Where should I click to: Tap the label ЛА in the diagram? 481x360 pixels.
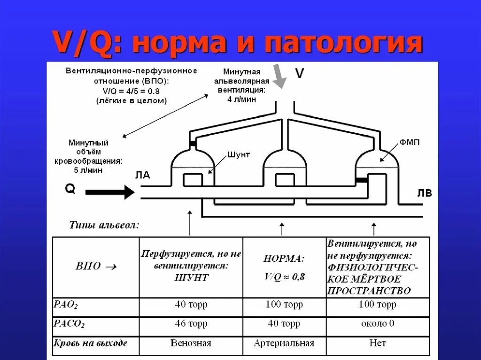point(142,176)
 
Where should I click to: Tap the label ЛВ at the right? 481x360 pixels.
point(424,193)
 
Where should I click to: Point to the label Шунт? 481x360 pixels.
point(239,154)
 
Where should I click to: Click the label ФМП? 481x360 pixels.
point(410,142)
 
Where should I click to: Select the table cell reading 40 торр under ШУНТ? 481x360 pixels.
point(191,305)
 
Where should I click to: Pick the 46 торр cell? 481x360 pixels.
point(191,324)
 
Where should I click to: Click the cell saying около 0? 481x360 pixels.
point(377,324)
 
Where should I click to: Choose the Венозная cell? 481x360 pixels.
point(191,343)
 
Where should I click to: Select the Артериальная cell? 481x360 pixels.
point(284,343)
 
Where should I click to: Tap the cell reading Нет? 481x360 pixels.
point(377,343)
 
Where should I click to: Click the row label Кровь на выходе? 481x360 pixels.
point(91,343)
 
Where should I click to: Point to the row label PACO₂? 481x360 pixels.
point(69,324)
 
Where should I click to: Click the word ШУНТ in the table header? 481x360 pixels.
point(191,277)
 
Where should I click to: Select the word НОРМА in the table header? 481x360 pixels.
point(284,259)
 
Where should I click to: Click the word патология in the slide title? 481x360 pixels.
point(343,44)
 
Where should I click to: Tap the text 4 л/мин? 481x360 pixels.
point(242,99)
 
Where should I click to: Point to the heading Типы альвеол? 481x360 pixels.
point(104,225)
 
